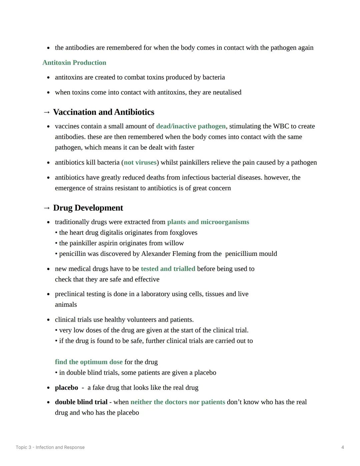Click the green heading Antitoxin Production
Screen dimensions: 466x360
(74, 63)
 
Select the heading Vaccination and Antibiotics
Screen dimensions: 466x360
(103, 112)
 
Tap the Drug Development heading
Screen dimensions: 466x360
(88, 208)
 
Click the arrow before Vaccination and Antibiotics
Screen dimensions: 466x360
(47, 112)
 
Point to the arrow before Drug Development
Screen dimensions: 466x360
(47, 208)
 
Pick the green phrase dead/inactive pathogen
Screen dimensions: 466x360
(191, 126)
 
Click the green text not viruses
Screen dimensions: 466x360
(140, 162)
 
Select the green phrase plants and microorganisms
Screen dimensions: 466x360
(208, 222)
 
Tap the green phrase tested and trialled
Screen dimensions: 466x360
(168, 269)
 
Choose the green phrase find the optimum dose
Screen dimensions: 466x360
(89, 362)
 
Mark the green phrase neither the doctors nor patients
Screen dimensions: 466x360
(178, 402)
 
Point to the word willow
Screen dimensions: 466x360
(174, 243)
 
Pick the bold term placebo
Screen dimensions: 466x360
(66, 388)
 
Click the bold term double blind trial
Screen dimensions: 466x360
(81, 402)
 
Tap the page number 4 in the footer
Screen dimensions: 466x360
(343, 447)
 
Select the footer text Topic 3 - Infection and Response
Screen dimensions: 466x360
(50, 447)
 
